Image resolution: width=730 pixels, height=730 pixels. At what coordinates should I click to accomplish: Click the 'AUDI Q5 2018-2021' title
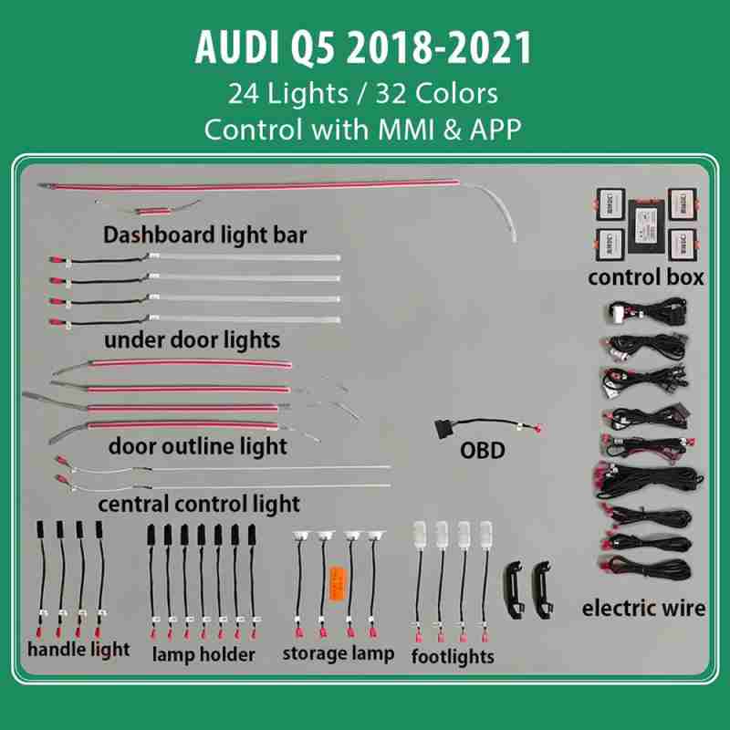click(x=363, y=47)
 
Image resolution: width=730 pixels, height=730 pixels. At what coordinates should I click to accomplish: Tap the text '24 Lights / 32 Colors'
click(x=363, y=94)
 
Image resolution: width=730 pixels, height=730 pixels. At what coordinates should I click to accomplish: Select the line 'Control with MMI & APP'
click(x=363, y=128)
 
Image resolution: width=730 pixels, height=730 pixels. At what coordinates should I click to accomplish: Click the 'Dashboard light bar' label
click(x=204, y=235)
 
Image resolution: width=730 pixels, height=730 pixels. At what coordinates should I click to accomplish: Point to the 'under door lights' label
click(x=192, y=340)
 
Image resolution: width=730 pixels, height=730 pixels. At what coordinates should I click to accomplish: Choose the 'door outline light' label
click(x=197, y=446)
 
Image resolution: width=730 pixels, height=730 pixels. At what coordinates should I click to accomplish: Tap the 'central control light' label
click(x=199, y=503)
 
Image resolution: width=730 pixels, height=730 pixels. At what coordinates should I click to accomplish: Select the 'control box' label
click(x=645, y=276)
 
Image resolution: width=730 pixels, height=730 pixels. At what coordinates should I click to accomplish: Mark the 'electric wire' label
click(x=643, y=608)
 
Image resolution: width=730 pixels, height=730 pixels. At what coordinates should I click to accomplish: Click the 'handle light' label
click(x=78, y=650)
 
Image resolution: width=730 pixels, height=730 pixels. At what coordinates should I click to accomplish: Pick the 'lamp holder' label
click(x=203, y=654)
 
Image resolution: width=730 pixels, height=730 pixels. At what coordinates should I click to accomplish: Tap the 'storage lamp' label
click(x=339, y=652)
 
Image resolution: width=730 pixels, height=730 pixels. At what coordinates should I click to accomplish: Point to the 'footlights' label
click(x=453, y=655)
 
